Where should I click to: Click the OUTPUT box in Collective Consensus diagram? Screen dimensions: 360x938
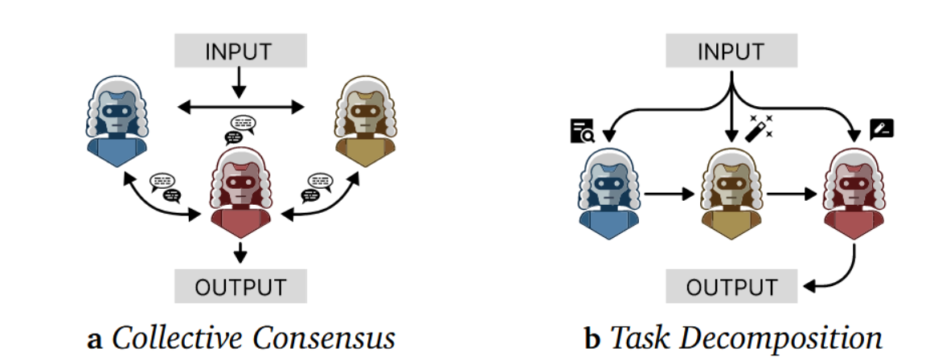[240, 286]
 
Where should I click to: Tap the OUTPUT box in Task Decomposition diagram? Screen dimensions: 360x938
[731, 286]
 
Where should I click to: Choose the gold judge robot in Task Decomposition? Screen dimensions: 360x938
[729, 189]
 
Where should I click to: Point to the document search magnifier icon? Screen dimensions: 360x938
[583, 131]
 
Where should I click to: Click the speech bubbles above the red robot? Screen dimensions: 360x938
[241, 126]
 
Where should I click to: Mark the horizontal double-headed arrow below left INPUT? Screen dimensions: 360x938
[240, 105]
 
